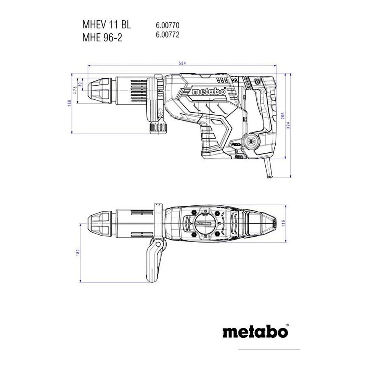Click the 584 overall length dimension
(x=182, y=63)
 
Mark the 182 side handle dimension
(x=78, y=253)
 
